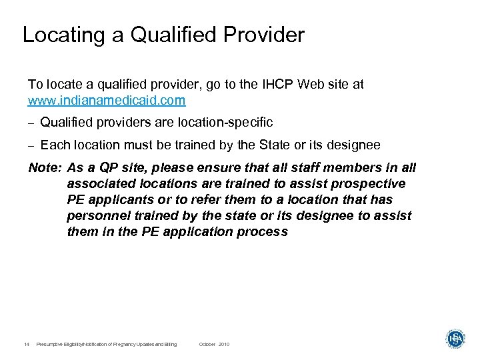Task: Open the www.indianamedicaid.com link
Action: (x=107, y=101)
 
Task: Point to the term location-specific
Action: (x=225, y=123)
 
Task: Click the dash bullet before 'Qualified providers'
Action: (x=31, y=123)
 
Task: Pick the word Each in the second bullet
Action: (x=53, y=145)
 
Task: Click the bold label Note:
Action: (x=45, y=168)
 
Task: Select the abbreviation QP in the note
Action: (x=108, y=168)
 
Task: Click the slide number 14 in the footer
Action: (x=26, y=344)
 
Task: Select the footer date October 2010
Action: (x=214, y=344)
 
